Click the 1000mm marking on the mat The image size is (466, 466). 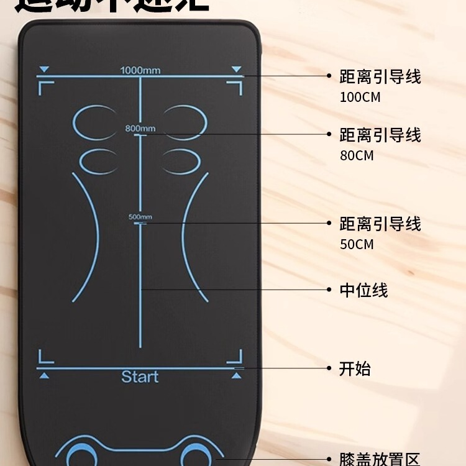click(140, 70)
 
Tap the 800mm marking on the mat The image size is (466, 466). click(140, 129)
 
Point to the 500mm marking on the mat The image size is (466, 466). click(140, 217)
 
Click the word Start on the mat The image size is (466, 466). click(140, 377)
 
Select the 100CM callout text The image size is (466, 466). click(360, 98)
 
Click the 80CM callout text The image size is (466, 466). click(357, 155)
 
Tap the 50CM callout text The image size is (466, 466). click(357, 244)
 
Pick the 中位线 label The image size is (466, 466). click(363, 290)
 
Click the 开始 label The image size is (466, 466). click(355, 368)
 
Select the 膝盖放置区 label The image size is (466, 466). click(379, 460)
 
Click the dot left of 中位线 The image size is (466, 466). click(329, 290)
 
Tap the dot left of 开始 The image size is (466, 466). click(329, 368)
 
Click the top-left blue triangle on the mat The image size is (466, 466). click(43, 69)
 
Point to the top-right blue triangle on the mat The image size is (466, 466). click(236, 69)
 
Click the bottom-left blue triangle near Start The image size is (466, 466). click(43, 375)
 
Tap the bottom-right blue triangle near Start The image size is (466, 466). click(236, 375)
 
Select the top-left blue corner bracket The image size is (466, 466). click(43, 88)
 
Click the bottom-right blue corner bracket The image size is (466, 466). click(235, 357)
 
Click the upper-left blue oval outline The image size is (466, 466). click(95, 121)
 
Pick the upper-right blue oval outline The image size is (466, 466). click(185, 121)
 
